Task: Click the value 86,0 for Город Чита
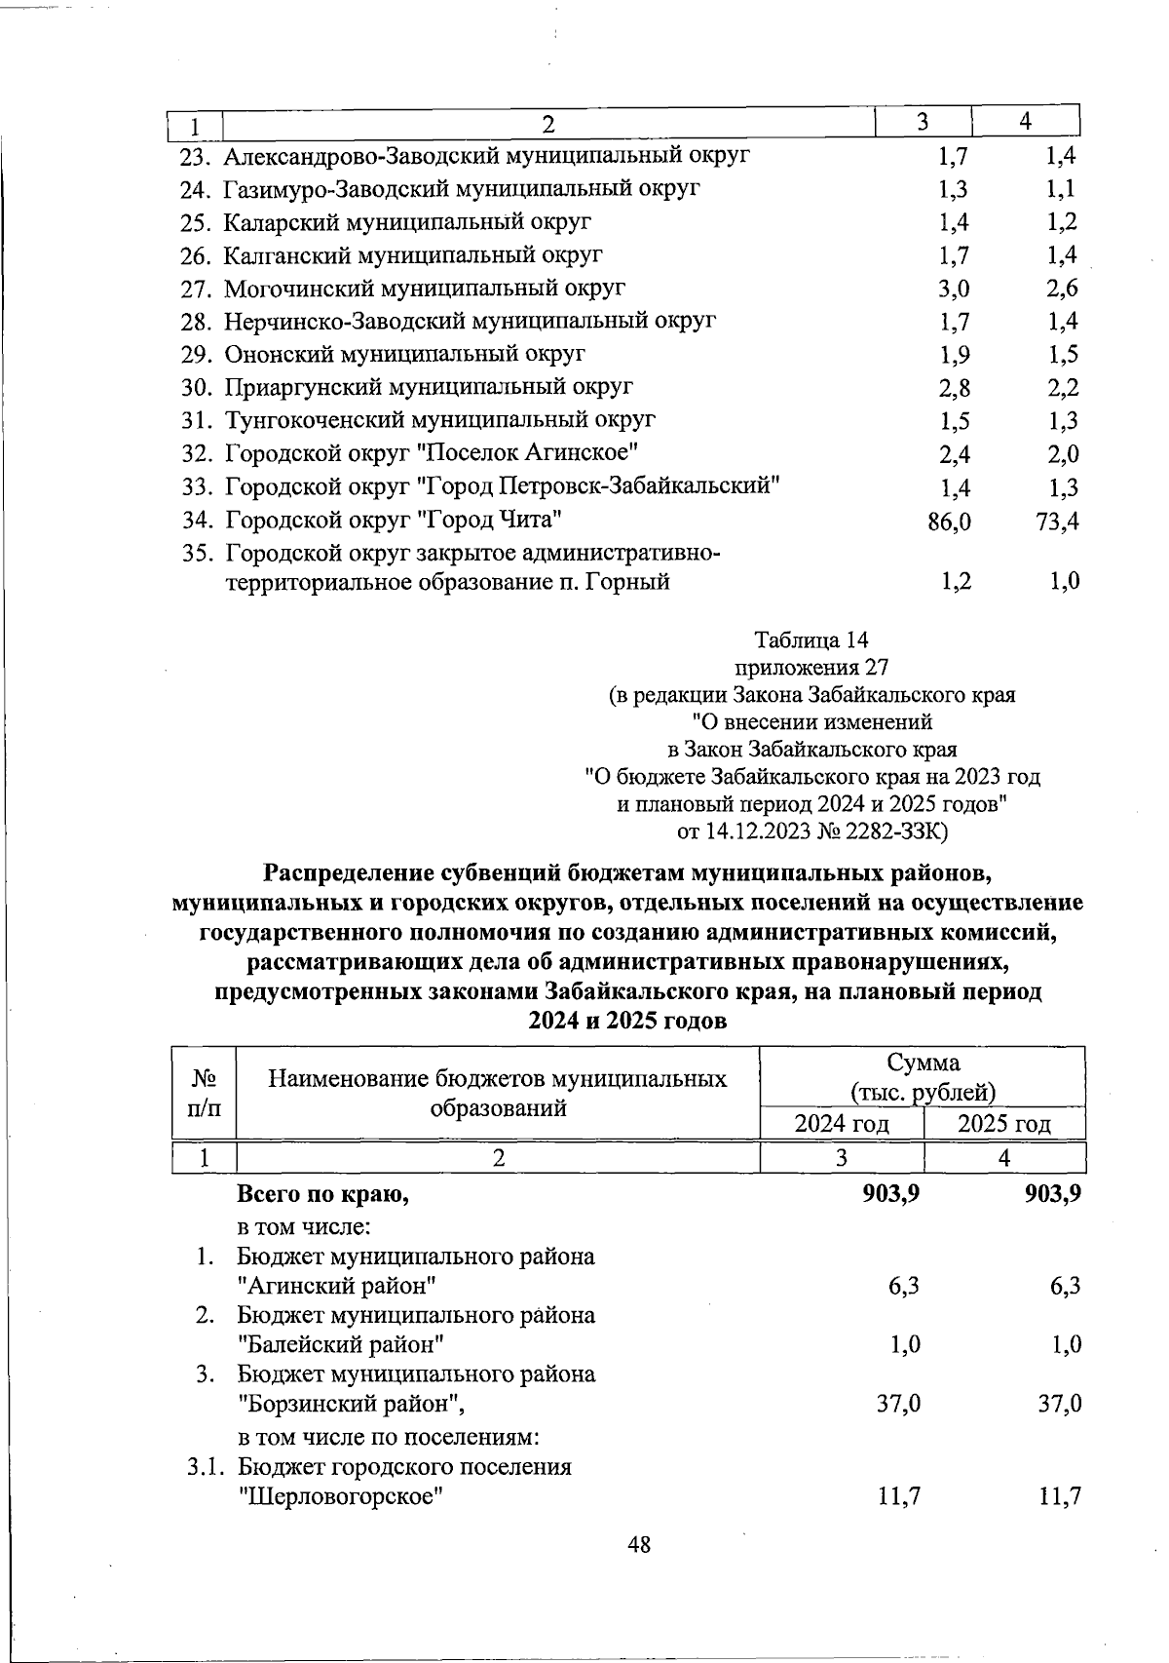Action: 949,522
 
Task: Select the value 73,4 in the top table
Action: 1057,522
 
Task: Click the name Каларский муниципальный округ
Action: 407,222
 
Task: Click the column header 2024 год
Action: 842,1124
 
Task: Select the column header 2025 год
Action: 1004,1124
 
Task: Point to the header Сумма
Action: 923,1063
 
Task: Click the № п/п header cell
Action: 204,1093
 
